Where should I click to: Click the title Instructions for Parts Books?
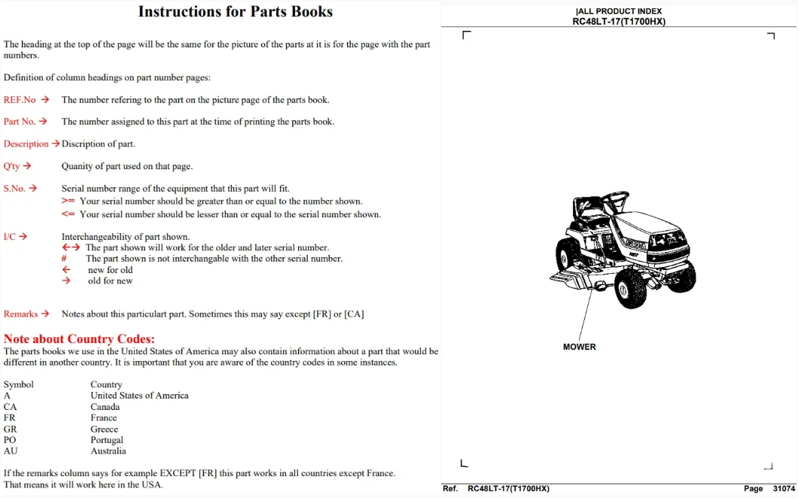tap(235, 12)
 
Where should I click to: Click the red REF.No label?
tap(20, 100)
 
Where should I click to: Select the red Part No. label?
tap(20, 122)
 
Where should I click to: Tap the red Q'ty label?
tap(12, 166)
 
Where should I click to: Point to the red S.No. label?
tap(14, 189)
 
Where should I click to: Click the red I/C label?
tap(10, 236)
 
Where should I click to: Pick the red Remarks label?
tap(21, 314)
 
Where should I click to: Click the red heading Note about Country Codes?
tap(79, 339)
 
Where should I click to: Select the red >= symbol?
tap(69, 201)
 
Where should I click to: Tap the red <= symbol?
tap(69, 214)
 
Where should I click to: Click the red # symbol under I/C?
tap(64, 259)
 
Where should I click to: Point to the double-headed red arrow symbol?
tap(71, 247)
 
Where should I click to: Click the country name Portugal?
tap(107, 440)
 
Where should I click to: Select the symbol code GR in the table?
tap(11, 429)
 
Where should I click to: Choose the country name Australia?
tap(108, 451)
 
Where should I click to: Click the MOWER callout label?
tap(579, 347)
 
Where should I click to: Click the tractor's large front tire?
tap(630, 288)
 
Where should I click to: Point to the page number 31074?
tap(784, 488)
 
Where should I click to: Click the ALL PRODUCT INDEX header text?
tap(619, 11)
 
